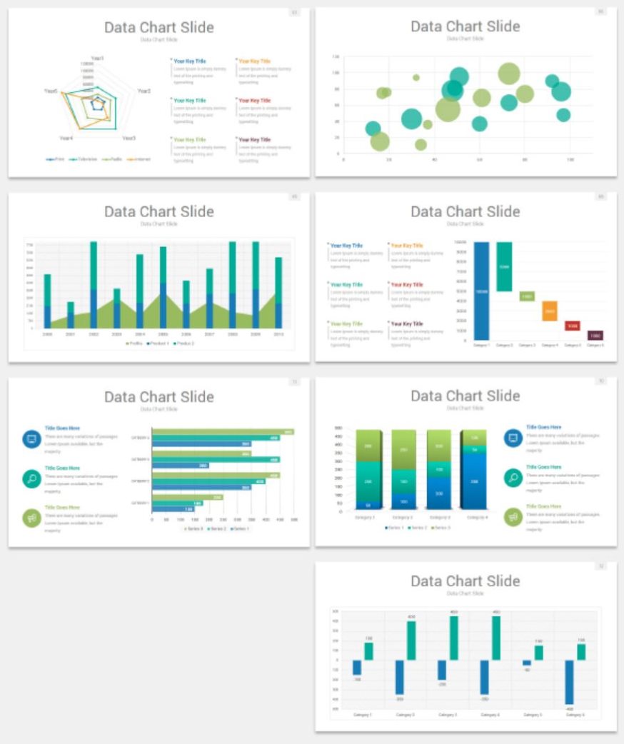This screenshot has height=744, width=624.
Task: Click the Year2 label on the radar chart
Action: pos(144,91)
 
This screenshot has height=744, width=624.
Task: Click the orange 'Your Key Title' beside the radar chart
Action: pos(255,61)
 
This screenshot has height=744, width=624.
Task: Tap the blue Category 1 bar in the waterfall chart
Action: pos(481,290)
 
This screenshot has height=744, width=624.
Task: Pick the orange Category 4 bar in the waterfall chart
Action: pos(549,311)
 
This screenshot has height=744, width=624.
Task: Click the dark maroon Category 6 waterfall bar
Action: pos(595,335)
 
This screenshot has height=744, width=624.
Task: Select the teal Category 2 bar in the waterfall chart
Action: pos(504,266)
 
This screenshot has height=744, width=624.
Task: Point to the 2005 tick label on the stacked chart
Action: pos(163,334)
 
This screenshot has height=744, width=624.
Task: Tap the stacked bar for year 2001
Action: pos(71,314)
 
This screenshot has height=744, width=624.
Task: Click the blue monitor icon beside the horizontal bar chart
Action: pos(31,438)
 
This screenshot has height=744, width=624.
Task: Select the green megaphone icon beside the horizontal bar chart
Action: pos(31,518)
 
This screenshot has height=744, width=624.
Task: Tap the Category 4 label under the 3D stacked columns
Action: pos(475,517)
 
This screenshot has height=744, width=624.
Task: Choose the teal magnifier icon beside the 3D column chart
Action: pos(513,477)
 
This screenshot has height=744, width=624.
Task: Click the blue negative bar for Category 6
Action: pos(569,682)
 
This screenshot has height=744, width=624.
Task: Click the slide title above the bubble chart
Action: pos(466,26)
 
